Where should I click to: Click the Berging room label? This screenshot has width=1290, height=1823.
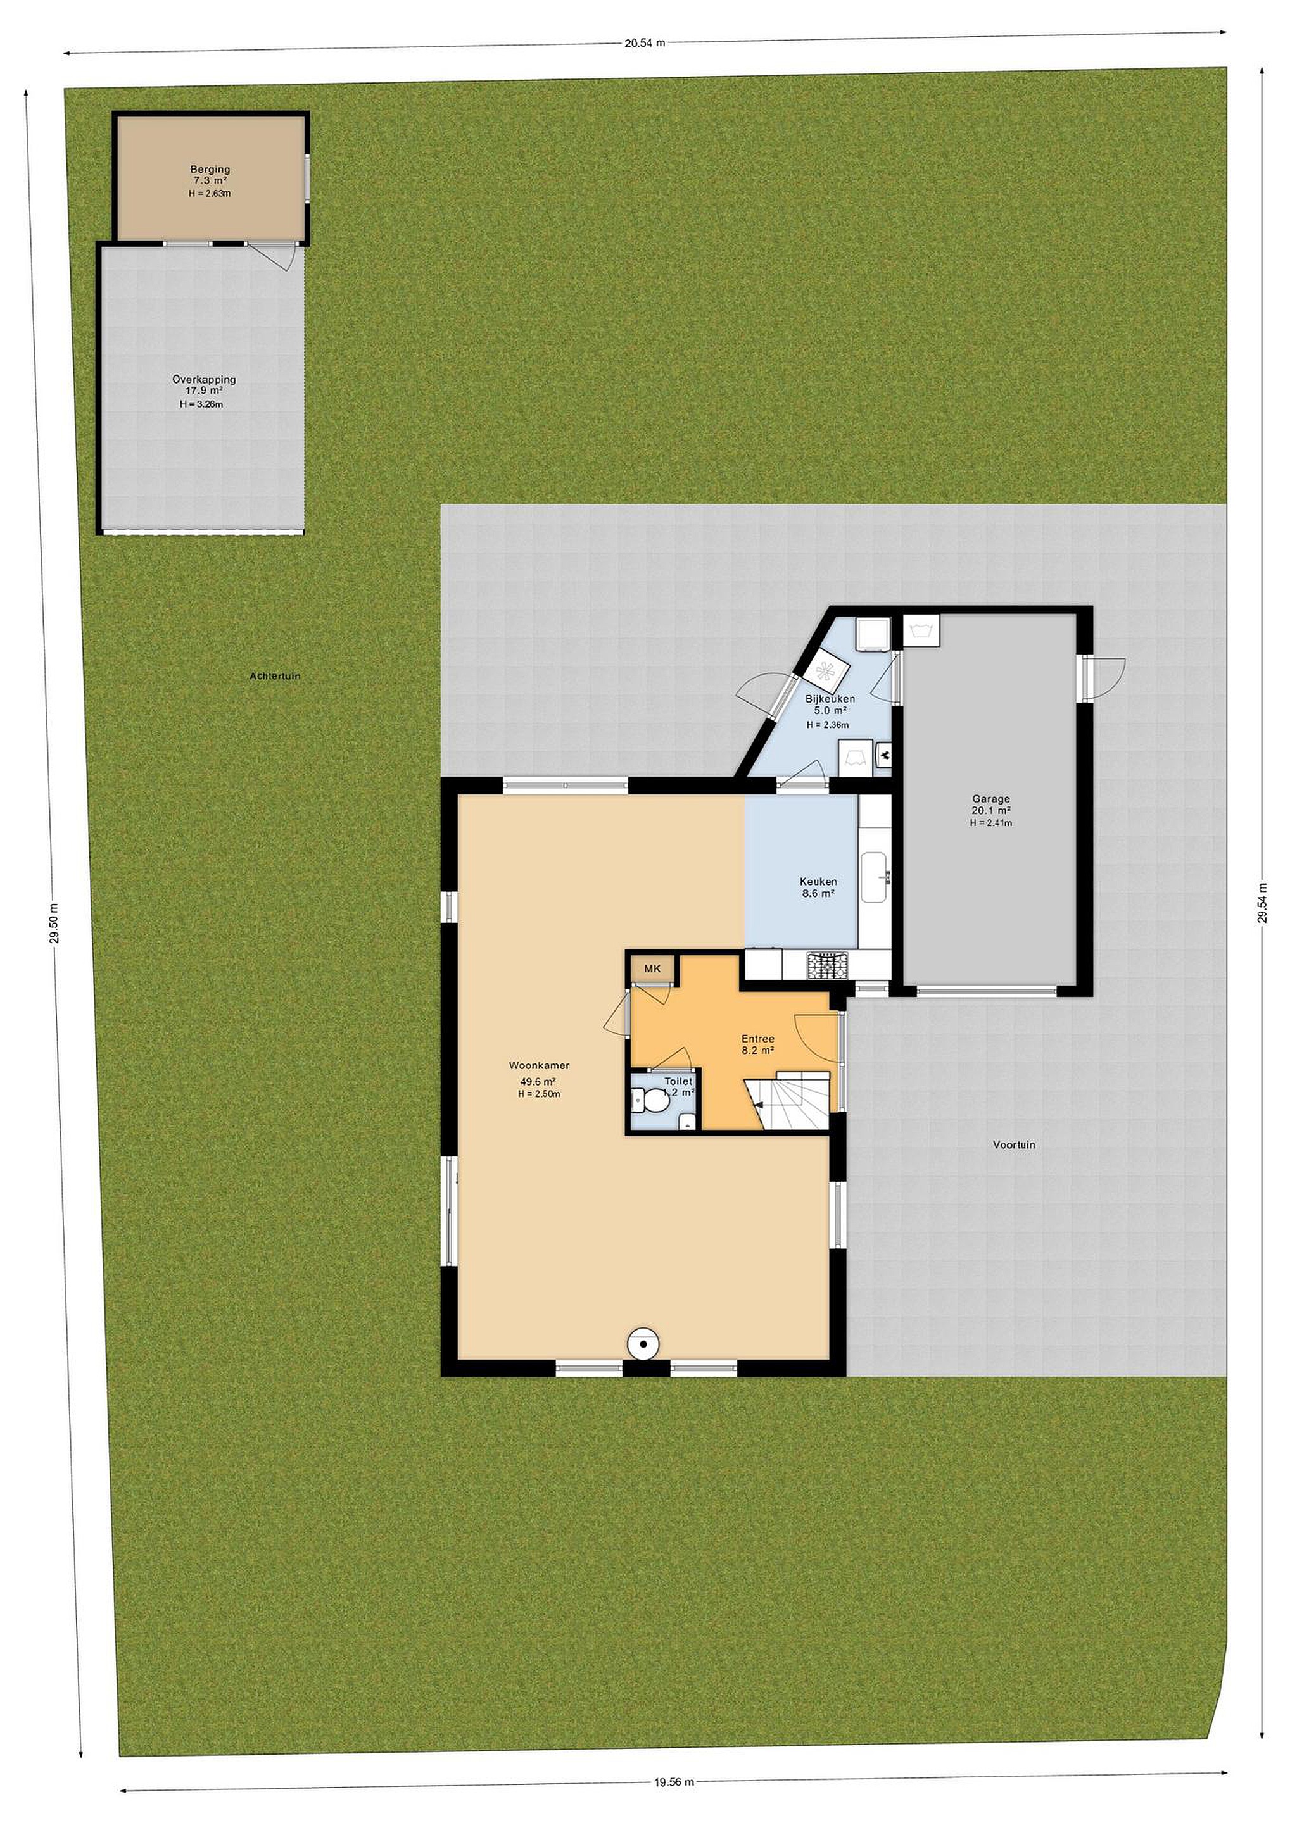(210, 169)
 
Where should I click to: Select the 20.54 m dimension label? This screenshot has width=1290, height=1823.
(644, 44)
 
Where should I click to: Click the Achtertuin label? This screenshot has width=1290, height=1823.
(275, 677)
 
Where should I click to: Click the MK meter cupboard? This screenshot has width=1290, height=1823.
(652, 968)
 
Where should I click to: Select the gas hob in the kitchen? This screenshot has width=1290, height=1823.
(828, 965)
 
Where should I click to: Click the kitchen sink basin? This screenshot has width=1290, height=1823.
(875, 877)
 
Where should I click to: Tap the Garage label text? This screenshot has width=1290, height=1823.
(990, 799)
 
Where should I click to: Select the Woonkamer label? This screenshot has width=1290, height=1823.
(540, 1065)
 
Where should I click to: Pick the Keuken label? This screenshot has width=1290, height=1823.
(818, 881)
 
